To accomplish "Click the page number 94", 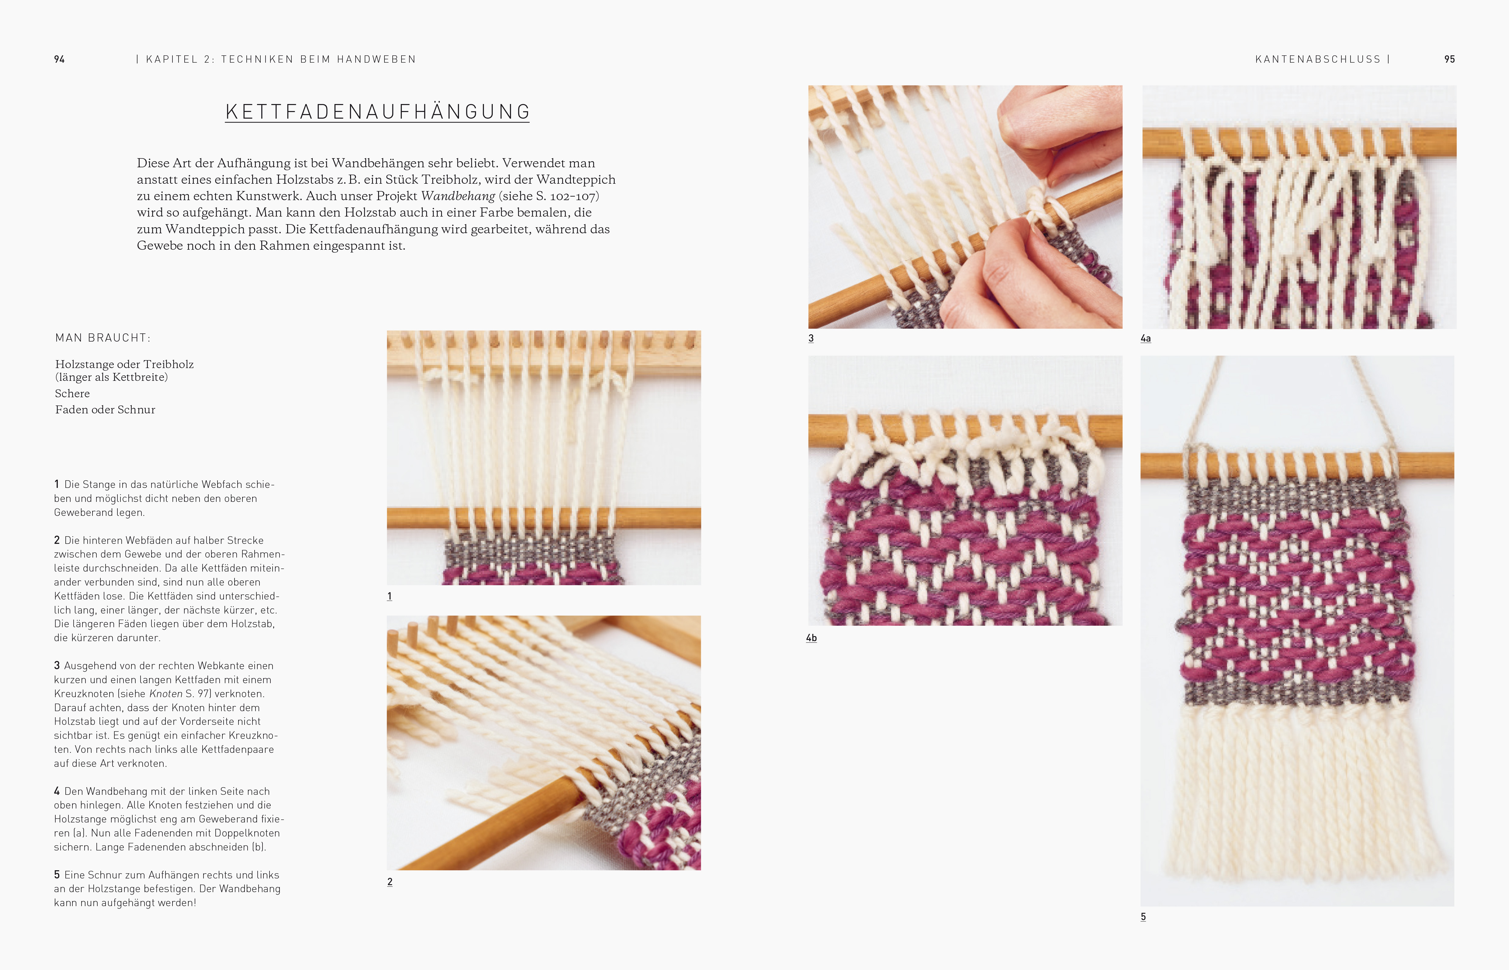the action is pos(59,59).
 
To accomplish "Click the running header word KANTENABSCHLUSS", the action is pos(1318,59).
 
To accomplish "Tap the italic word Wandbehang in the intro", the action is pos(458,196).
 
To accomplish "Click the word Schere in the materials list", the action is pos(72,394).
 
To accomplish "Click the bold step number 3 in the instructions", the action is pos(57,665).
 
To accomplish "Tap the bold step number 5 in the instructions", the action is pos(57,874).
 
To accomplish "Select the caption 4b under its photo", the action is pos(811,638).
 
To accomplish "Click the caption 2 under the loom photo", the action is pos(390,882).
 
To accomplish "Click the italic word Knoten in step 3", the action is pos(166,694).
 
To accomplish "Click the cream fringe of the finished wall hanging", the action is pos(1297,794).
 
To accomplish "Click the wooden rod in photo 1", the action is pos(544,518).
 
